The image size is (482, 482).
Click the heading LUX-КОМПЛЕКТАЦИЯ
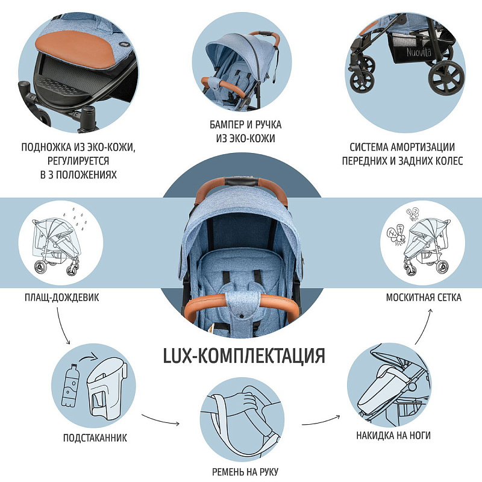click(244, 355)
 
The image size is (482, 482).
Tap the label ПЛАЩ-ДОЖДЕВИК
click(62, 298)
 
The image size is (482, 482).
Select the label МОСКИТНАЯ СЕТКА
click(424, 298)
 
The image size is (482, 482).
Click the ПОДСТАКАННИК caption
click(95, 438)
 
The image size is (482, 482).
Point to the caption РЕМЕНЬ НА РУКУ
click(245, 472)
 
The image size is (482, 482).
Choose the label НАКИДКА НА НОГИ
click(393, 435)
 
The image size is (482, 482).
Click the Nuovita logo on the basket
click(419, 52)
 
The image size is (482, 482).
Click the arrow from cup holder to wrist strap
click(160, 419)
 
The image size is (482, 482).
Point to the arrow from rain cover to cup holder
click(61, 327)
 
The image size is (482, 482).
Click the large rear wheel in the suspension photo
click(446, 78)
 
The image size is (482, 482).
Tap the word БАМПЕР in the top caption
click(227, 125)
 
